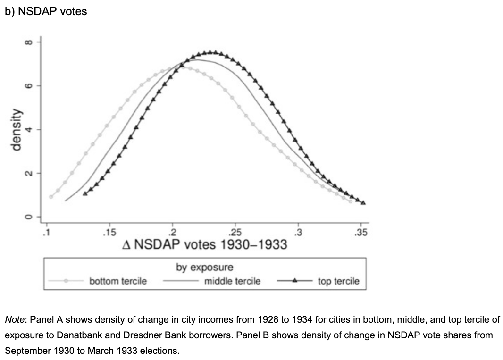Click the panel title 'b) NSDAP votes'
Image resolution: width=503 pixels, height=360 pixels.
pyautogui.click(x=46, y=11)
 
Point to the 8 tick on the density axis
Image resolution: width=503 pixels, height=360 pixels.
pyautogui.click(x=28, y=42)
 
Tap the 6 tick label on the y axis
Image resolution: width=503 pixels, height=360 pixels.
pyautogui.click(x=28, y=86)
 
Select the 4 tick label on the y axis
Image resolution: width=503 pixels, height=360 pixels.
pyautogui.click(x=28, y=129)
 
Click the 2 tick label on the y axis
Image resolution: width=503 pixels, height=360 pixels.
pyautogui.click(x=28, y=173)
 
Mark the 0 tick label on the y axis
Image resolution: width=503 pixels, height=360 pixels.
pyautogui.click(x=28, y=217)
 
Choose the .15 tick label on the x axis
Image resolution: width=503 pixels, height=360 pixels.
pyautogui.click(x=109, y=232)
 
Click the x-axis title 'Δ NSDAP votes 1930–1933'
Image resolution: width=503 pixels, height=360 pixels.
pyautogui.click(x=204, y=245)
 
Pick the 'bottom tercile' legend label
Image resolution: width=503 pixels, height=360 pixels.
pyautogui.click(x=118, y=281)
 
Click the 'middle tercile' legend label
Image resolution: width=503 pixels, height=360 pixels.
pyautogui.click(x=232, y=281)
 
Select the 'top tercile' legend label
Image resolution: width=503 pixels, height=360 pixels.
pyautogui.click(x=338, y=281)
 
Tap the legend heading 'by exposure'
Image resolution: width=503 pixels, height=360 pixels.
pyautogui.click(x=204, y=267)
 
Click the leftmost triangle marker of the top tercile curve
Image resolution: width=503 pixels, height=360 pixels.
pyautogui.click(x=84, y=193)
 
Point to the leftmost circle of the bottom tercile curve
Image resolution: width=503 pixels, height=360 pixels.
pyautogui.click(x=51, y=197)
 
